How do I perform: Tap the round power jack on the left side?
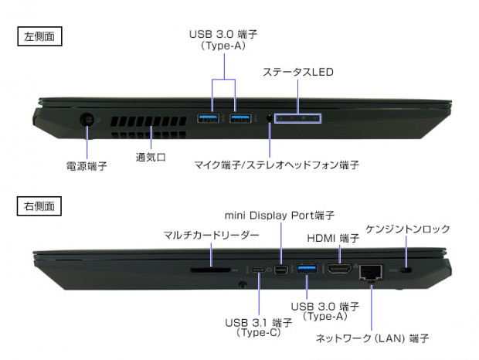pos(87,120)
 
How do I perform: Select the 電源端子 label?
pos(86,166)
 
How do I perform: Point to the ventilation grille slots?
pos(148,127)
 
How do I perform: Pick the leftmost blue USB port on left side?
pos(209,118)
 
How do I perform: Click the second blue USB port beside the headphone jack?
pos(239,118)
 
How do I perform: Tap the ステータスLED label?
pos(297,73)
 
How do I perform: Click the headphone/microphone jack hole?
pos(269,118)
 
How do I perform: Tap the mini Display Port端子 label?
pos(280,214)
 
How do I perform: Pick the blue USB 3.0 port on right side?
pos(307,269)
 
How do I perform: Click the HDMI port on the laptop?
pos(340,270)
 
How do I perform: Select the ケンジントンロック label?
pos(408,229)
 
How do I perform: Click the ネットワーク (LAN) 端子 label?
pos(372,338)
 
